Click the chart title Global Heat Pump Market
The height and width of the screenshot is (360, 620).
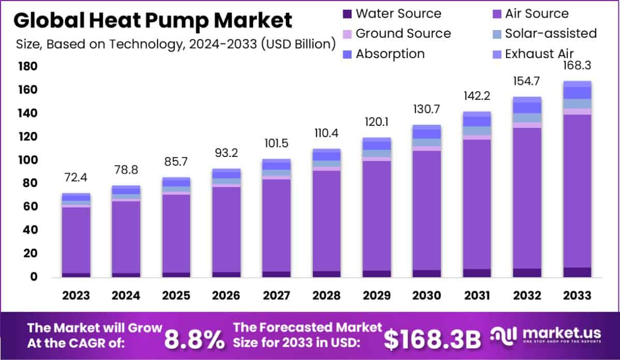(152, 20)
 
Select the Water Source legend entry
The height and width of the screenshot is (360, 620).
(391, 13)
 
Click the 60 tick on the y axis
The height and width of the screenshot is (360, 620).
(28, 207)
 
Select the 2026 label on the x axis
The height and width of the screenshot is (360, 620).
(226, 296)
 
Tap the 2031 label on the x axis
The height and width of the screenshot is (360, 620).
(477, 296)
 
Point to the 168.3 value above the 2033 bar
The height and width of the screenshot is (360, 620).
(576, 66)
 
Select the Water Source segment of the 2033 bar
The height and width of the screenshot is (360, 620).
(577, 272)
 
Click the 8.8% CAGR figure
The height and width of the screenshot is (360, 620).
(194, 339)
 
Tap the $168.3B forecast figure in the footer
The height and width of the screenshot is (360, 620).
(432, 339)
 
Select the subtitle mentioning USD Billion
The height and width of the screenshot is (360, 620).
(174, 44)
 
